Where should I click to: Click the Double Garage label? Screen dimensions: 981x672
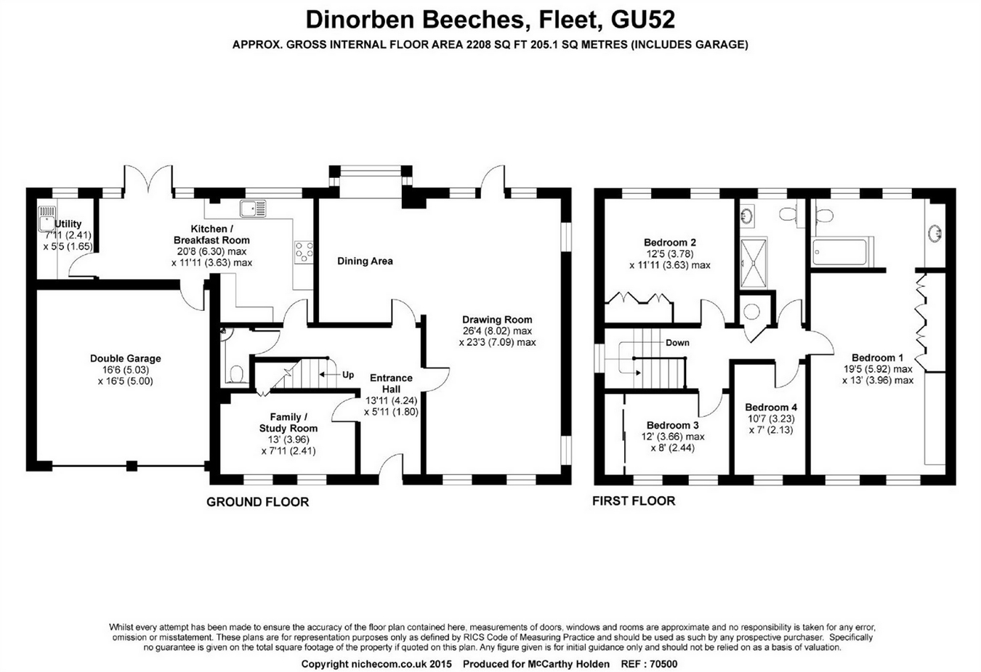[x=125, y=358]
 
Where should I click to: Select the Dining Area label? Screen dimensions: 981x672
[x=365, y=261]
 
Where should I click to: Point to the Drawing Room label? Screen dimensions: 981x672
[x=497, y=320]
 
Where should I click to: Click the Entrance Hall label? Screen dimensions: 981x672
[x=391, y=384]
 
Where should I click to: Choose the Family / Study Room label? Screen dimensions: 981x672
[x=288, y=423]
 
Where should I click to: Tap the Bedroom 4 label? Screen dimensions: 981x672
[x=771, y=407]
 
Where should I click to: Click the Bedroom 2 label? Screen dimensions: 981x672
[x=670, y=243]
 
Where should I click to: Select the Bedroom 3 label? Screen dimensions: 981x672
[x=673, y=425]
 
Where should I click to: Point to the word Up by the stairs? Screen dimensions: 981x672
[x=348, y=375]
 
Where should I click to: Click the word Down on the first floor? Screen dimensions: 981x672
[x=677, y=343]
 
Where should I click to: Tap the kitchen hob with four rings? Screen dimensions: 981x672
[x=304, y=251]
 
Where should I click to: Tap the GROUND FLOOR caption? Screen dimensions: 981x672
[x=257, y=502]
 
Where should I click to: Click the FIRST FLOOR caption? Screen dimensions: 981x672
[x=634, y=501]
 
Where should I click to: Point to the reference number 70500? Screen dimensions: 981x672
[x=663, y=664]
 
